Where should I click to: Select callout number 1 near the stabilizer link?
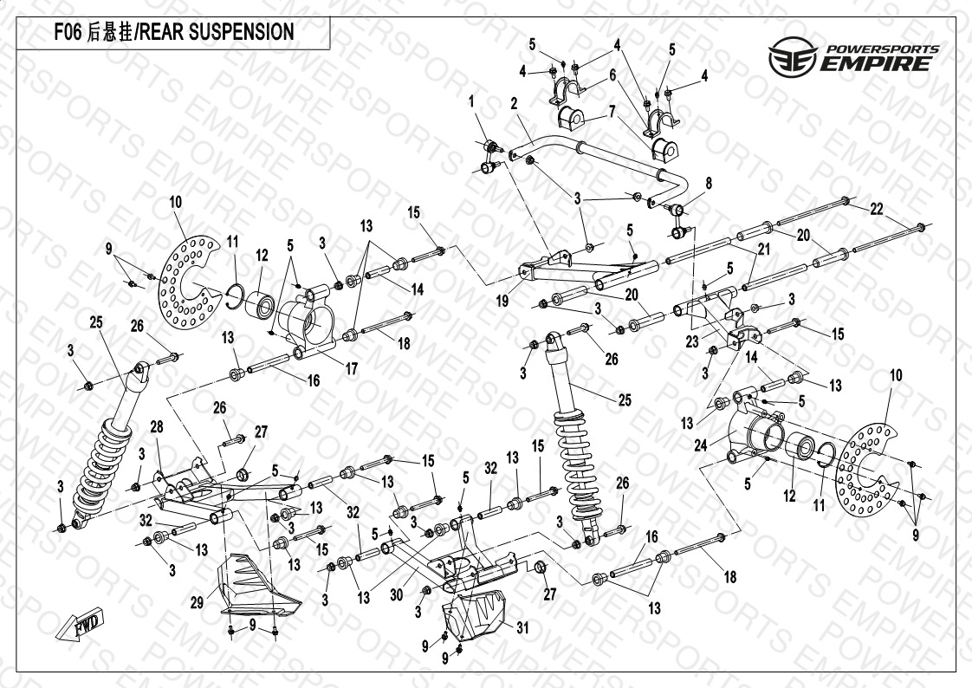coord(472,102)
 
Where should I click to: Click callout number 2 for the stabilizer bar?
coord(514,103)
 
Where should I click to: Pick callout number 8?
coord(708,183)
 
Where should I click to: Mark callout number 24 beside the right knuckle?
coord(701,445)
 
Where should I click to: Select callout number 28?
coord(156,426)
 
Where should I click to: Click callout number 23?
coord(692,341)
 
